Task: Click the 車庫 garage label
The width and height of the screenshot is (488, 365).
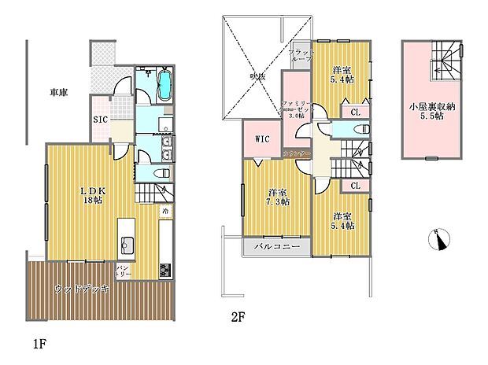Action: [58, 93]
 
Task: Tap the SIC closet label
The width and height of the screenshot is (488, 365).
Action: [101, 120]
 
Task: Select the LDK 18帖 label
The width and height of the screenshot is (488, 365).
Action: [92, 194]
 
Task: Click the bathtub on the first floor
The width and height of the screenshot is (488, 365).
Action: [165, 85]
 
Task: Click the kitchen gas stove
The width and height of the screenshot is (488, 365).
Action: [166, 270]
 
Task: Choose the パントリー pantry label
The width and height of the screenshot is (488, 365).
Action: [123, 271]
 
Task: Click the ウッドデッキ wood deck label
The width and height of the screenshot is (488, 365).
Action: [82, 289]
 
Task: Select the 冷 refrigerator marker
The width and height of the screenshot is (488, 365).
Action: [166, 212]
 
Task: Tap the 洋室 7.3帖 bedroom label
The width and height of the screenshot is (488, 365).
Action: [277, 197]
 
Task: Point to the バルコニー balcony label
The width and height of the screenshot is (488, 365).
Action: [275, 247]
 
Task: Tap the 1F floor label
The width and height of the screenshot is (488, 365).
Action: [39, 344]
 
